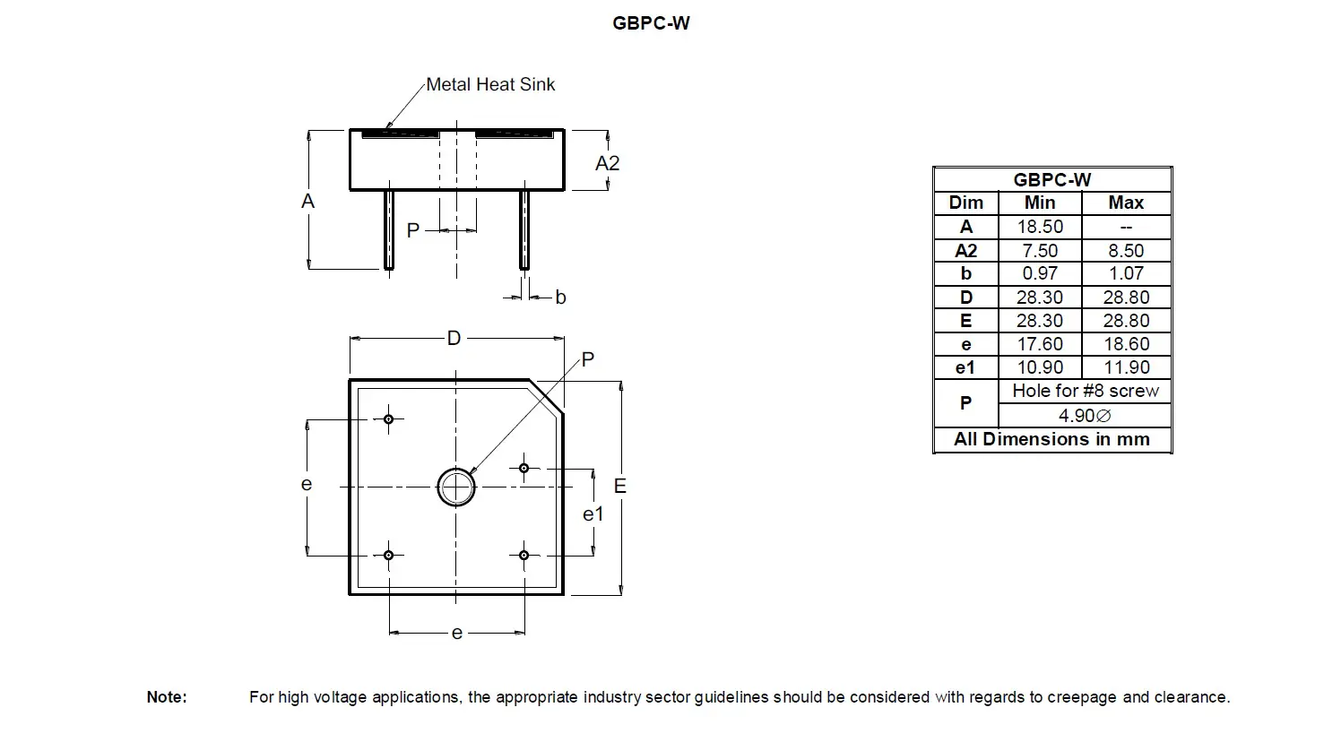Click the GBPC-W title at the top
tap(651, 23)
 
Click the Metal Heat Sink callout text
tap(490, 84)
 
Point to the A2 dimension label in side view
tap(607, 163)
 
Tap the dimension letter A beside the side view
tap(307, 201)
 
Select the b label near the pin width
tap(560, 298)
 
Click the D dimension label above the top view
tap(454, 338)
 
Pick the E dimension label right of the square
tap(619, 486)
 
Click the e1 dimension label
tap(593, 514)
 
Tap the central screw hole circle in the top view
tap(456, 487)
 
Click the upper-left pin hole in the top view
tap(389, 418)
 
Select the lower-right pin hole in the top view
tap(524, 556)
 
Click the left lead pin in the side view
tap(389, 229)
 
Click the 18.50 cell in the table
tap(1040, 227)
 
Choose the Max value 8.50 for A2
tap(1126, 251)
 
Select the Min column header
tap(1040, 203)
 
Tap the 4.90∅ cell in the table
tap(1085, 416)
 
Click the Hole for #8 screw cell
tap(1085, 391)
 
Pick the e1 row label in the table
tap(965, 367)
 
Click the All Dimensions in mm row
tap(1051, 439)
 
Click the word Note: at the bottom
tap(167, 697)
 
